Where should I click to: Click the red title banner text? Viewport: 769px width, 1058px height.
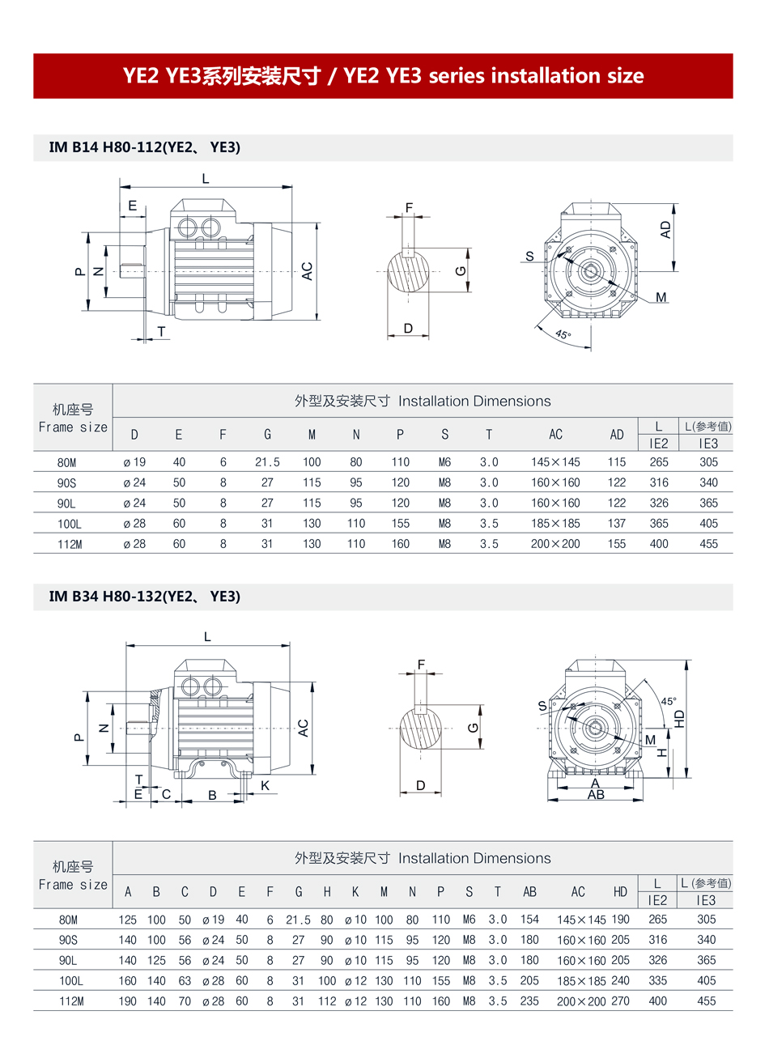383,76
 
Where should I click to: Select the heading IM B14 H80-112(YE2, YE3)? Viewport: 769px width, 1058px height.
145,147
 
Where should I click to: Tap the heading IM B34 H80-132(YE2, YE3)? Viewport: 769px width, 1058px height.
145,597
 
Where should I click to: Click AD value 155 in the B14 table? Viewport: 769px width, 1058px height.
617,544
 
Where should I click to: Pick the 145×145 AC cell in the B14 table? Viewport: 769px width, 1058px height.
555,462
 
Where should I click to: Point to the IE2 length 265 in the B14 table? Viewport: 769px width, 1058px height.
659,462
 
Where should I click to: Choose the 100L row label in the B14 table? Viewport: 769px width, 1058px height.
70,524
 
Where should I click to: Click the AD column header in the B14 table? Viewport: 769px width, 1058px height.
617,435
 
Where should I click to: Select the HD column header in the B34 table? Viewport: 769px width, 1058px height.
620,892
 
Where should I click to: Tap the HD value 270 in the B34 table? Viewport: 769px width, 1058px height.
620,1001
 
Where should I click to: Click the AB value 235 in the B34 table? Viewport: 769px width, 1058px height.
529,1001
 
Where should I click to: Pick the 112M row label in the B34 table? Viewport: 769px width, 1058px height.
71,1001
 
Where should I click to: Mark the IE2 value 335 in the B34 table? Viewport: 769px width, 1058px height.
658,981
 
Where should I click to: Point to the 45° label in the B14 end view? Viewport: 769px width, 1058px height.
563,334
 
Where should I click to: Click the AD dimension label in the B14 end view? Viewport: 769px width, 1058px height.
665,230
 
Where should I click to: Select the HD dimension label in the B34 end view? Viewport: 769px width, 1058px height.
680,719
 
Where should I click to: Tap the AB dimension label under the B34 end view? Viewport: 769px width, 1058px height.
596,795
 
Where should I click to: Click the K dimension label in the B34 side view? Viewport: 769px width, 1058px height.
265,785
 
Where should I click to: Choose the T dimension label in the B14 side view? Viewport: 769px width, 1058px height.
162,331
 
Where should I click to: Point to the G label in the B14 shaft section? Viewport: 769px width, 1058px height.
461,270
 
